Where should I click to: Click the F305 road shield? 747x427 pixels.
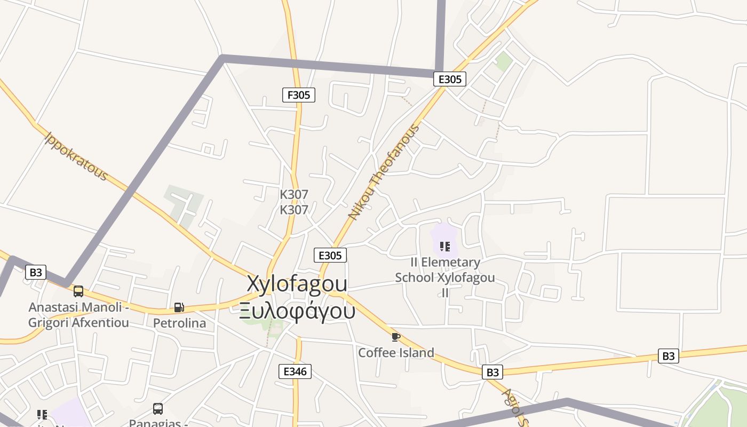pos(298,95)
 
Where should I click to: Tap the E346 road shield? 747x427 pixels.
pos(295,371)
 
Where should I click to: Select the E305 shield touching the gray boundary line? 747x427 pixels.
pos(449,79)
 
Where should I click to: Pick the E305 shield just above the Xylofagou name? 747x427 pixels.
pos(330,255)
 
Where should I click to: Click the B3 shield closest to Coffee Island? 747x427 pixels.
pos(492,371)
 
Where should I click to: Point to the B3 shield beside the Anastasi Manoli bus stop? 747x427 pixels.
pos(35,272)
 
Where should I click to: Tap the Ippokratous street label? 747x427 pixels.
pos(76,156)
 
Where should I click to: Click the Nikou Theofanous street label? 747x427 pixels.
pos(384,172)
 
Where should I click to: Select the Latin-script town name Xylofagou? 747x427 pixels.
pos(297,283)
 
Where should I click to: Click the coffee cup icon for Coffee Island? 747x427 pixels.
pos(395,337)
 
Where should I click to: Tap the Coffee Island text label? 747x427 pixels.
pos(396,353)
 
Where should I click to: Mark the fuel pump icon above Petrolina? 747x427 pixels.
pos(179,307)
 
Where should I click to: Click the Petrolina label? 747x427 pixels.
pos(179,323)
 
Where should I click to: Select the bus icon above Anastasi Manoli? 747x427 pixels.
pos(78,291)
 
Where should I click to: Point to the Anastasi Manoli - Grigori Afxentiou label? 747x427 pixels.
pos(78,315)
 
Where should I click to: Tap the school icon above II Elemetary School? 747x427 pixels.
pos(444,247)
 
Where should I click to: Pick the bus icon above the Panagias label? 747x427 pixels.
pos(158,409)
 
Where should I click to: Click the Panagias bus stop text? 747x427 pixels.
pos(158,423)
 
